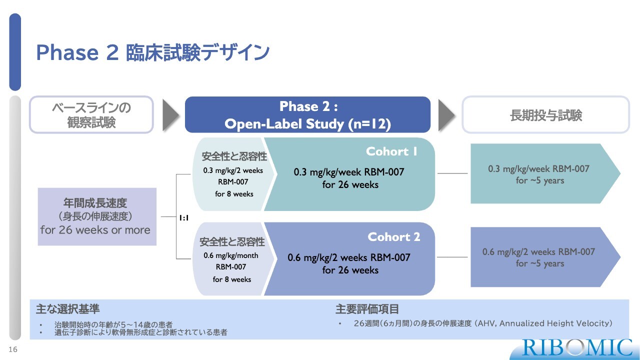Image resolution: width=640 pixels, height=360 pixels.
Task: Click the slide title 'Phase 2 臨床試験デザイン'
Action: (152, 53)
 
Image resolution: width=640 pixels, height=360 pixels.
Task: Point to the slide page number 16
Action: (13, 349)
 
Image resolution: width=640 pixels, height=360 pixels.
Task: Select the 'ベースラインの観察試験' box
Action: (91, 114)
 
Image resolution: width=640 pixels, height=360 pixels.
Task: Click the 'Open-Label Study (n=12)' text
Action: (307, 124)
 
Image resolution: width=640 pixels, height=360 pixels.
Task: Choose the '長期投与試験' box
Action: (545, 115)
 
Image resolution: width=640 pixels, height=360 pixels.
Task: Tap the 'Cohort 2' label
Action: (394, 236)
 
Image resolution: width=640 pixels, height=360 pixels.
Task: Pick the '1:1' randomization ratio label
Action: (183, 217)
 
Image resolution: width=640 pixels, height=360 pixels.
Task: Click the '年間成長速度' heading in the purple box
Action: (95, 203)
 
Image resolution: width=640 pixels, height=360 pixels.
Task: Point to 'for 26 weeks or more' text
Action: (95, 230)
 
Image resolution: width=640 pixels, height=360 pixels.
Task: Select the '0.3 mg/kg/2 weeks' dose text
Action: (233, 170)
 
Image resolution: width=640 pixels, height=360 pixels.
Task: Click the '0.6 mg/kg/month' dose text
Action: (231, 255)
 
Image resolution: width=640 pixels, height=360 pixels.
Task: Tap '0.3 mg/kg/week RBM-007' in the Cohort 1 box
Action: (349, 172)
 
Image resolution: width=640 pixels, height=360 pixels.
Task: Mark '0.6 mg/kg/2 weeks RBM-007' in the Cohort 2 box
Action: (349, 257)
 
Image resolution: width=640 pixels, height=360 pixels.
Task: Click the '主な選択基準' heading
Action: (64, 309)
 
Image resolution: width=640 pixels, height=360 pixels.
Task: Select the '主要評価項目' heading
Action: (367, 309)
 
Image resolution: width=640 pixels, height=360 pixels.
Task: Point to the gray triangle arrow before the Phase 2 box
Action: (170, 115)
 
